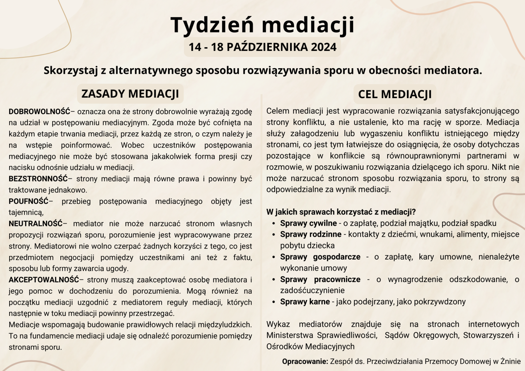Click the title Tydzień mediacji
[262, 25]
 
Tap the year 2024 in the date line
[324, 47]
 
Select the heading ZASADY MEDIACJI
[130, 94]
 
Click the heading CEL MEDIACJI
[395, 94]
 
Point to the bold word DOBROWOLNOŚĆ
[40, 112]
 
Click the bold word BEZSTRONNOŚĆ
[38, 179]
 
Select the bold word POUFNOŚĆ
[29, 201]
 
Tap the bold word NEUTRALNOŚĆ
[36, 224]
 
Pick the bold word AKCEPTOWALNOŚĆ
[44, 280]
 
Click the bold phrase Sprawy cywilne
[308, 223]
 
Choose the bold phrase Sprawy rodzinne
[311, 235]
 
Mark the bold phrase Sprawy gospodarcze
[320, 257]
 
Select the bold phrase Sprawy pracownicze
[320, 279]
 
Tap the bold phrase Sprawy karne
[305, 302]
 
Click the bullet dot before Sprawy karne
[274, 302]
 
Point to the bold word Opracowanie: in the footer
[305, 361]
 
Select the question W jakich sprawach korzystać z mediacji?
[341, 212]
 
